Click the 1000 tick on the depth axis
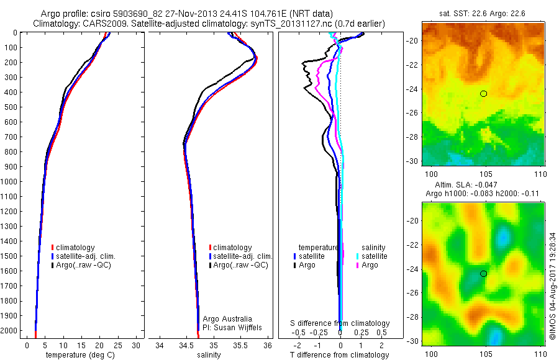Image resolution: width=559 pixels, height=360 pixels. tap(11, 182)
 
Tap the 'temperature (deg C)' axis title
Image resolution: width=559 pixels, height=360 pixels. tap(78, 355)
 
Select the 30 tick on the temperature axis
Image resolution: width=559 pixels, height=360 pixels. tap(137, 345)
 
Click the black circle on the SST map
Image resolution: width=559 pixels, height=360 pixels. tap(483, 94)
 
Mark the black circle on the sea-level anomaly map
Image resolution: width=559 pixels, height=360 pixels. tap(483, 274)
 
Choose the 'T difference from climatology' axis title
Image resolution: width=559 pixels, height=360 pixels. tap(340, 355)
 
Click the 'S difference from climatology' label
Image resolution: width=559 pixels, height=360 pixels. tap(340, 323)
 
